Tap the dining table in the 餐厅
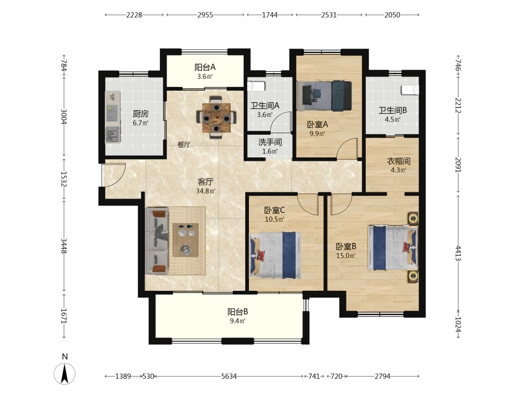pyautogui.click(x=216, y=117)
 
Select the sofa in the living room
pyautogui.click(x=156, y=241)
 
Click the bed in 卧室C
pyautogui.click(x=276, y=255)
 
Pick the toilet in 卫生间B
pyautogui.click(x=410, y=90)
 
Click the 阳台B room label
pyautogui.click(x=237, y=312)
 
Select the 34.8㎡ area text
pyautogui.click(x=205, y=191)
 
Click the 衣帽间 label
pyautogui.click(x=399, y=161)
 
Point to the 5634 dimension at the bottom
pyautogui.click(x=229, y=376)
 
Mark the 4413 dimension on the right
pyautogui.click(x=458, y=254)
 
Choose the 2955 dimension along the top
pyautogui.click(x=205, y=15)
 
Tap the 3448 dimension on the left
pyautogui.click(x=64, y=245)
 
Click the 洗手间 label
pyautogui.click(x=270, y=142)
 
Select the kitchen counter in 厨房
pyautogui.click(x=113, y=117)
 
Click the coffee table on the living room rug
pyautogui.click(x=185, y=240)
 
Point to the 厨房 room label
pyautogui.click(x=140, y=114)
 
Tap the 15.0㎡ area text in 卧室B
pyautogui.click(x=346, y=256)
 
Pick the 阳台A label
pyautogui.click(x=205, y=67)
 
